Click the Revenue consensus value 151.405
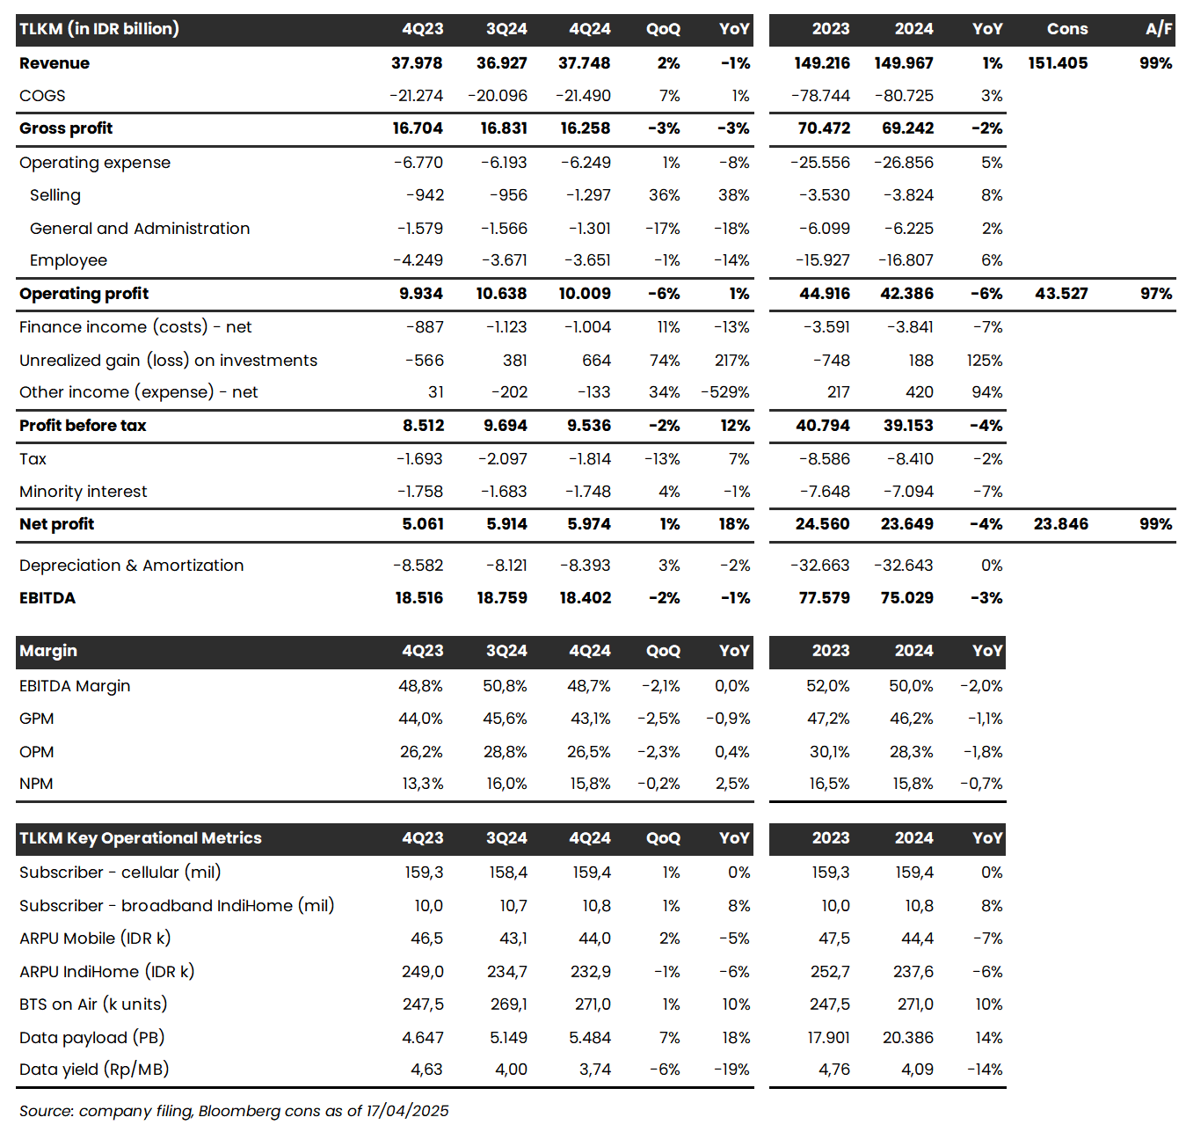point(1058,63)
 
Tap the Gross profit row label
point(66,128)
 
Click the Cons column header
point(1066,29)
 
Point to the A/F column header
point(1158,29)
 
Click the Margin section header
point(48,651)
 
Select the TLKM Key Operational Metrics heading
point(141,838)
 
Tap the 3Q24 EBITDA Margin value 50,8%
point(505,686)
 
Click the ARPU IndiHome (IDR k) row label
point(106,972)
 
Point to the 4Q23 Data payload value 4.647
point(422,1038)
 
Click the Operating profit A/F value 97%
point(1155,294)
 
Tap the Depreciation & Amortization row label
point(131,566)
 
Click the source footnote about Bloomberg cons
point(234,1111)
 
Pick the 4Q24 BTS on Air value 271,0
point(591,1004)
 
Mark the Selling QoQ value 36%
point(664,195)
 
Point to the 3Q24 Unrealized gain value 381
point(514,361)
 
